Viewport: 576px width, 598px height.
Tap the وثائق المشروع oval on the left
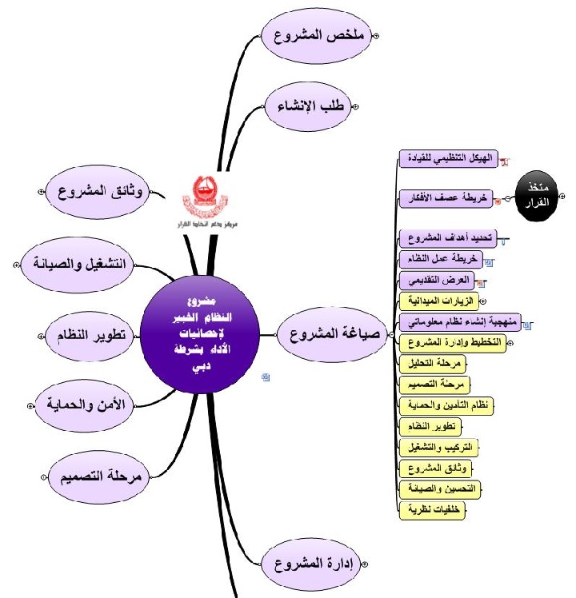[102, 193]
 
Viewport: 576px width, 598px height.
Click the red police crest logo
[199, 193]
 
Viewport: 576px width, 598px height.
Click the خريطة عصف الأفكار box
[446, 195]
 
